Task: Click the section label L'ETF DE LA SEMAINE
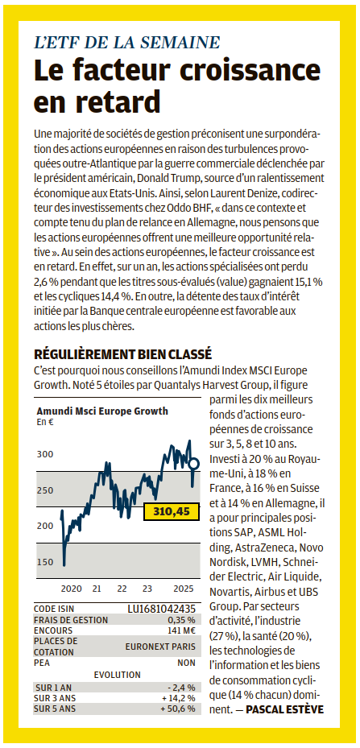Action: (127, 42)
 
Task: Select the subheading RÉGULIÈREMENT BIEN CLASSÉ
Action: (122, 354)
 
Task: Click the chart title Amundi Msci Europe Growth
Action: (102, 411)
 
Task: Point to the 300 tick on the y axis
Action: (45, 454)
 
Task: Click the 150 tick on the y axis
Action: (45, 562)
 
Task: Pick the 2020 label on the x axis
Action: (71, 589)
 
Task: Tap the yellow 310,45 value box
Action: (172, 512)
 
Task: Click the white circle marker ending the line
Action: (194, 463)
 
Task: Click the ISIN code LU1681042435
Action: (161, 610)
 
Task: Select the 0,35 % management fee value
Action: (181, 620)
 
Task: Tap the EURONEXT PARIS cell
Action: (160, 647)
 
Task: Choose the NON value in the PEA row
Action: (186, 663)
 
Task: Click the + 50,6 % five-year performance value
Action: (178, 709)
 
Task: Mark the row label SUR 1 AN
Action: (53, 688)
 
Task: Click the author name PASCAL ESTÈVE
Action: (285, 709)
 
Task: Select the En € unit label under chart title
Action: (44, 422)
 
